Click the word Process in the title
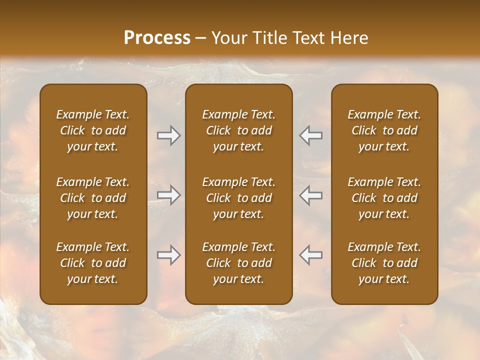pos(157,38)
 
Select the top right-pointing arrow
pos(168,135)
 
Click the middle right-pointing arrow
pos(168,195)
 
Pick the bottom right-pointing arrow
pos(168,255)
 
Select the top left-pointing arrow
pos(311,135)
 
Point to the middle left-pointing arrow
pos(311,195)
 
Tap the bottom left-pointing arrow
pos(311,255)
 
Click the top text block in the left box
pos(93,130)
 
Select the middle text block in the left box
pos(93,198)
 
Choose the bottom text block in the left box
pos(93,263)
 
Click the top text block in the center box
pos(239,130)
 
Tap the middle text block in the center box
pos(239,198)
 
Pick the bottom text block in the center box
pos(239,263)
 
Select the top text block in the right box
pos(384,130)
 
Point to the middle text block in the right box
pos(384,198)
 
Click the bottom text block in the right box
pos(384,263)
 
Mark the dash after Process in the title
pos(201,38)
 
